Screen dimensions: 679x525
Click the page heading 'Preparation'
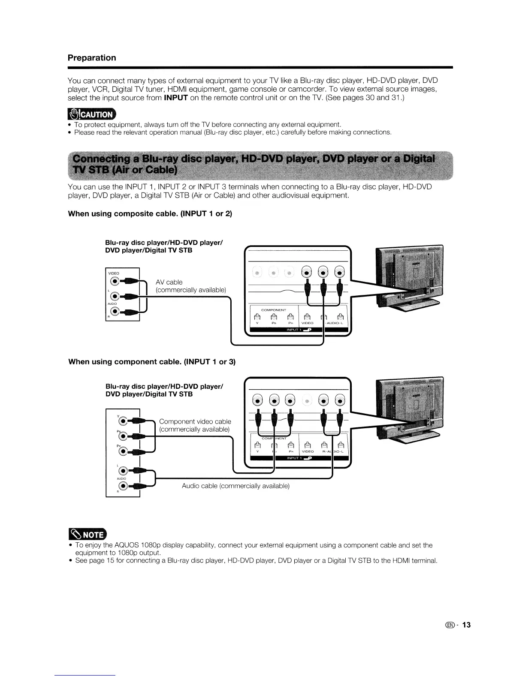pos(92,58)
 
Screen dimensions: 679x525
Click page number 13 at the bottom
pos(466,625)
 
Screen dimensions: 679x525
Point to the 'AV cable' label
pos(169,282)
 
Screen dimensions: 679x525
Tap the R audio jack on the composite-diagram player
pos(114,311)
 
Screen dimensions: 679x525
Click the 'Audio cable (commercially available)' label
pos(235,486)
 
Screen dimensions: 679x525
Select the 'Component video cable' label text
pos(195,421)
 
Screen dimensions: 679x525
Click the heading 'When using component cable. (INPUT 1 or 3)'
pos(152,361)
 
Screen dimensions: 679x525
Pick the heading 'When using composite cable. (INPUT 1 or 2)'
pos(150,213)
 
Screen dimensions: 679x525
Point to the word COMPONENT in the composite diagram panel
pos(274,309)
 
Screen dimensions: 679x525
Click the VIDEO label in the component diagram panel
pos(308,451)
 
